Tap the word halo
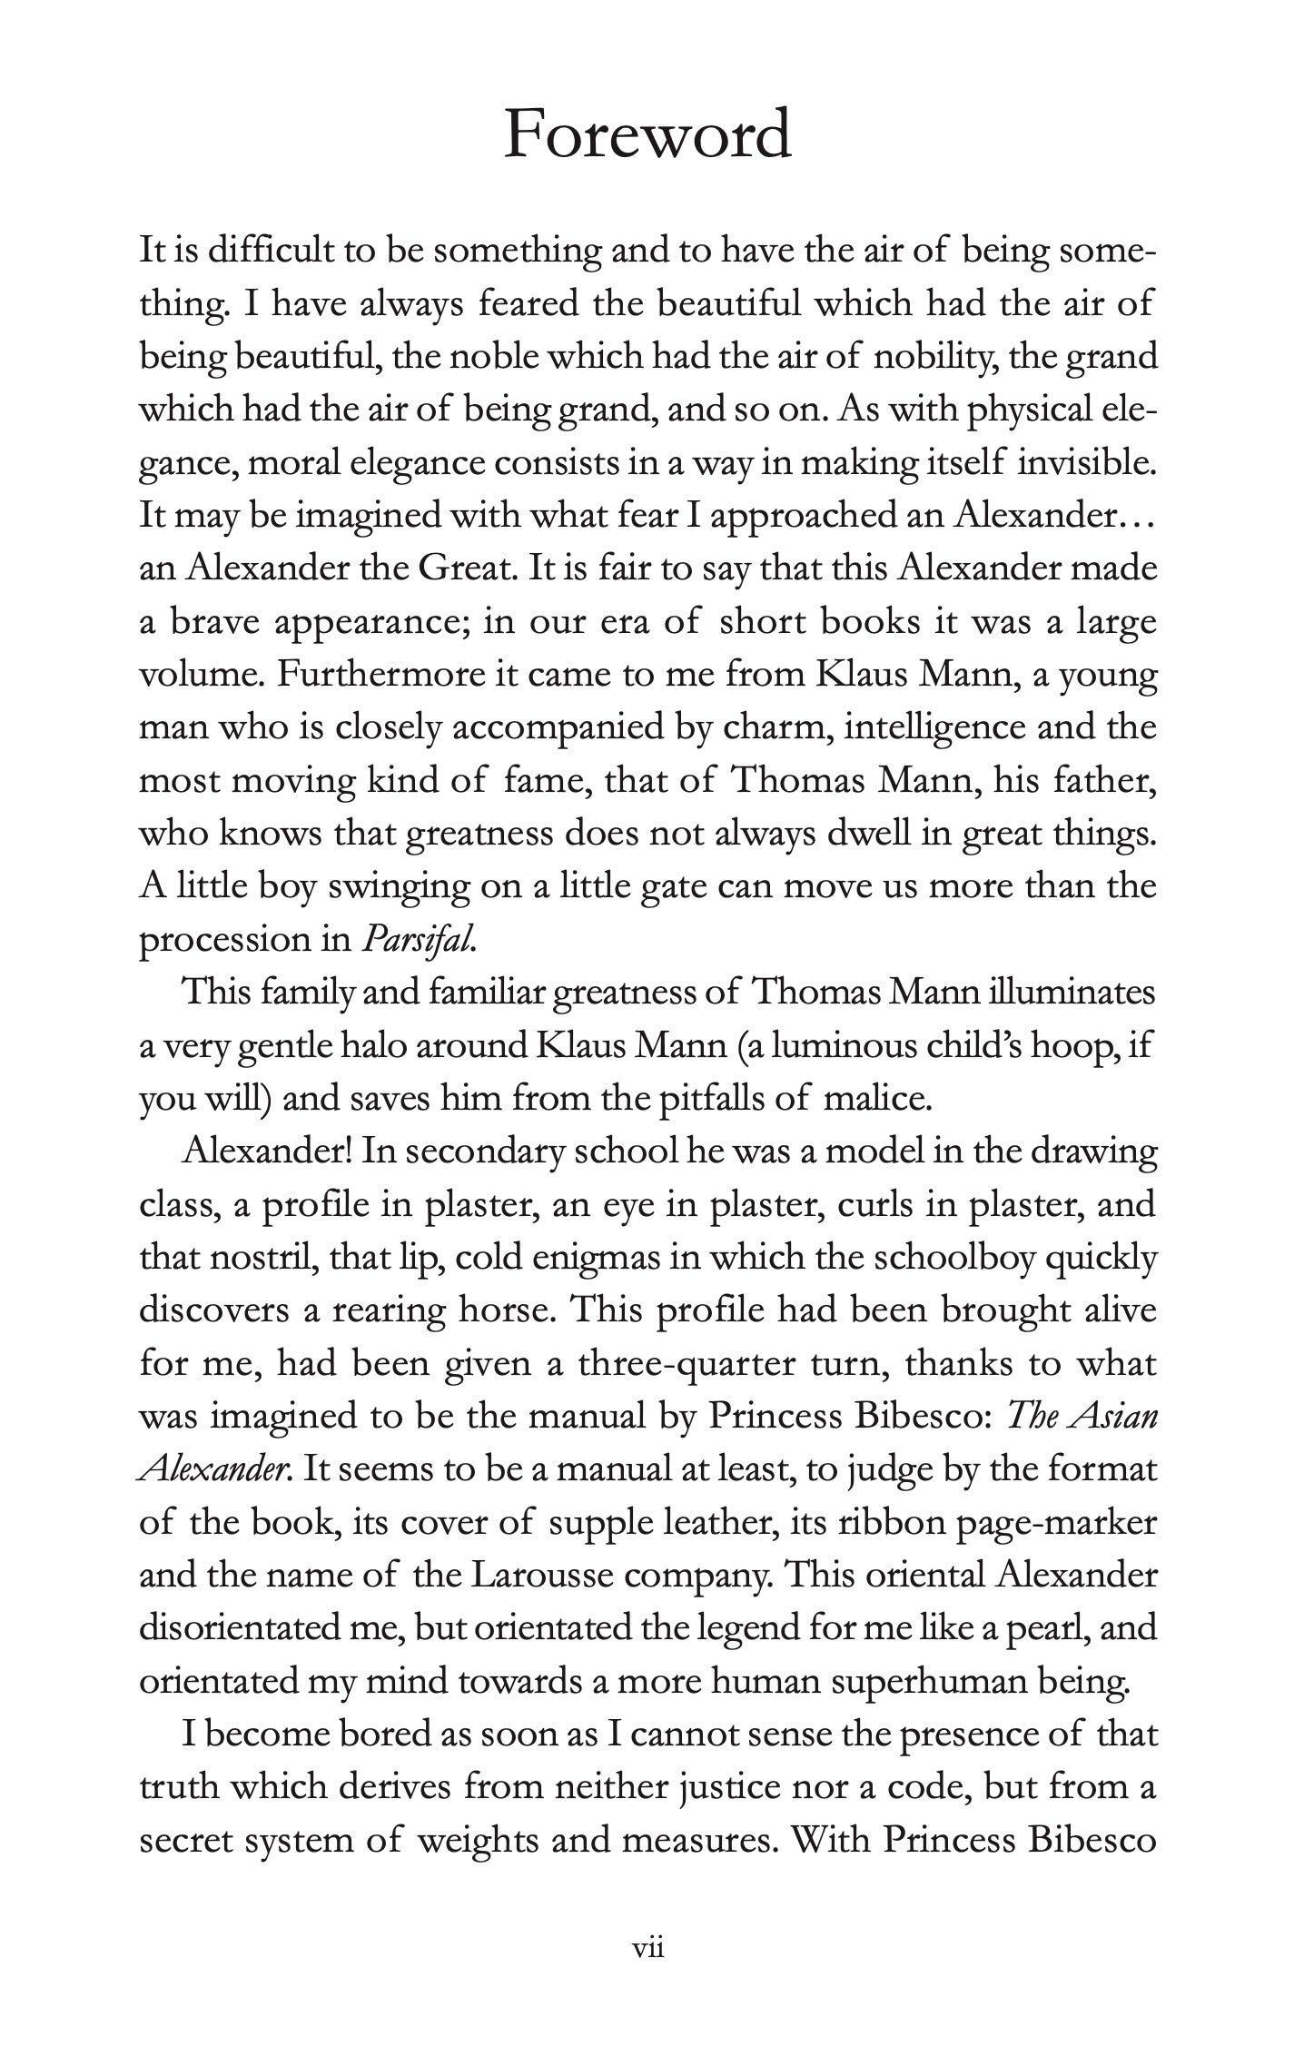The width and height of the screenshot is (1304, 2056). [401, 1046]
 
